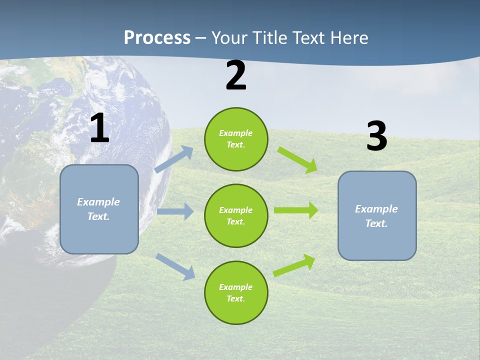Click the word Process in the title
point(157,38)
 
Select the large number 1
point(99,129)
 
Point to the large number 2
point(236,76)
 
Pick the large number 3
point(376,136)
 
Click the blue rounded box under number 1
point(99,209)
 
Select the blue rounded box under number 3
point(377,215)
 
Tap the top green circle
point(236,139)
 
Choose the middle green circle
point(236,215)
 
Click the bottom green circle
point(236,292)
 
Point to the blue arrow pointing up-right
point(174,159)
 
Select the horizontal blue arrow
point(175,211)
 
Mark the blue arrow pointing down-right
point(175,266)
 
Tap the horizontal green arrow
point(295,210)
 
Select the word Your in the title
point(228,38)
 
